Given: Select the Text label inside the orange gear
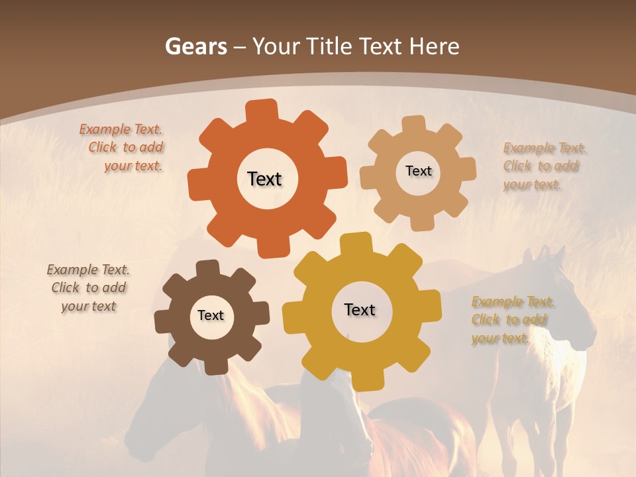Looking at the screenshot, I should (264, 179).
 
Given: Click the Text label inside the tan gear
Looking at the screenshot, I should (418, 171).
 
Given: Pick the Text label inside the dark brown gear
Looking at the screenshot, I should (211, 315).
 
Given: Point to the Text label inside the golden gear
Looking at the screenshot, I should (360, 309).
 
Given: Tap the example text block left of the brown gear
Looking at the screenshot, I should (88, 288).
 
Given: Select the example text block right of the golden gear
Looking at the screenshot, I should (511, 320).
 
